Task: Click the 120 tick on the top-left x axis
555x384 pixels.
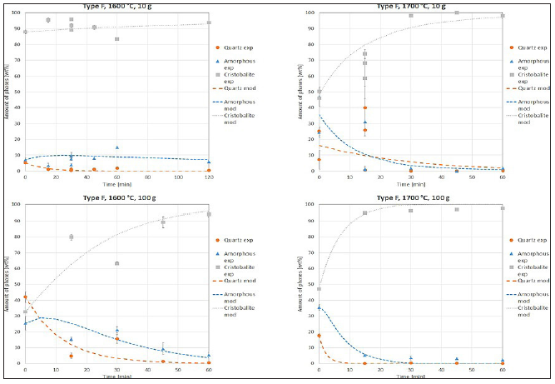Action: coord(209,177)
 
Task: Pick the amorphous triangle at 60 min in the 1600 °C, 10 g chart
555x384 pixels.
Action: coord(117,147)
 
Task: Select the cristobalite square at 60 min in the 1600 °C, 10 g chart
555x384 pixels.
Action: coord(117,39)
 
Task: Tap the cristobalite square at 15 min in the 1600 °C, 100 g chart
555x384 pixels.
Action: coord(71,237)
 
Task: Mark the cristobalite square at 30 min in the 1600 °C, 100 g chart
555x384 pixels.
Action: coord(116,263)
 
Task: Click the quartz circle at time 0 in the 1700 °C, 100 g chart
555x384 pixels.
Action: coord(319,335)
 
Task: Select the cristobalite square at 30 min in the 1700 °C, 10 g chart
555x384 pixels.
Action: coord(410,16)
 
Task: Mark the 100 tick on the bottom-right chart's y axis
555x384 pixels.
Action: coord(310,204)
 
